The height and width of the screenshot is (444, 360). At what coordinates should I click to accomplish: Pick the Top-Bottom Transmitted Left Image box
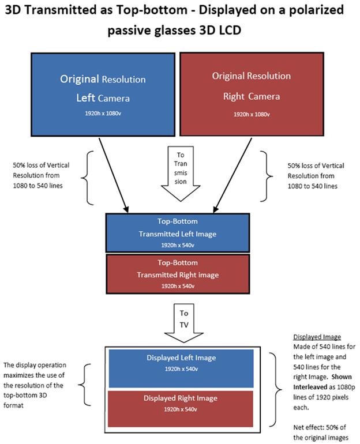[x=178, y=232]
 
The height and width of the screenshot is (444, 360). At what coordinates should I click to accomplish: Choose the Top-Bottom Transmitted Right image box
[x=178, y=273]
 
